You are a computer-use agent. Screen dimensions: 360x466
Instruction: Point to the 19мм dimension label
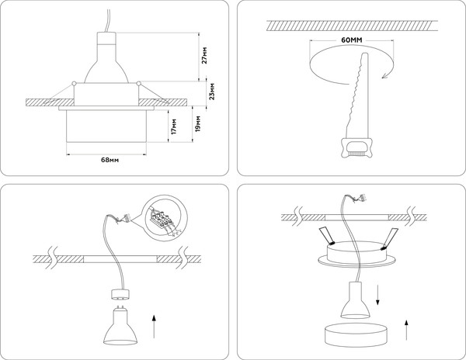[x=199, y=123]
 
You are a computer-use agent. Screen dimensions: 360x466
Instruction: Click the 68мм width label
[x=110, y=160]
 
